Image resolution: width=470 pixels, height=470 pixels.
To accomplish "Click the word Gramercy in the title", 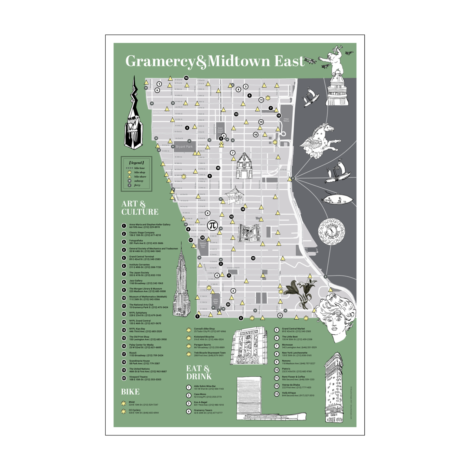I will tap(160, 61).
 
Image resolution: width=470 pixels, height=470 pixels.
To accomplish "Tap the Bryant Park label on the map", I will tap(184, 147).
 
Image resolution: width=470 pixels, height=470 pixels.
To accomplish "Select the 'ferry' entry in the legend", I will tap(137, 185).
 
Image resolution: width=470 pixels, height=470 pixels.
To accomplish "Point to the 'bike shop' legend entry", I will tap(140, 172).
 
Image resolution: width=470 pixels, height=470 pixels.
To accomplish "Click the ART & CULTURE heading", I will tap(140, 208).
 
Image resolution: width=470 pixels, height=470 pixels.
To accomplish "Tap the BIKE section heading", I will tap(130, 392).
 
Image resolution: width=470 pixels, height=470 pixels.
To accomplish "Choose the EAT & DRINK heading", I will tap(199, 372).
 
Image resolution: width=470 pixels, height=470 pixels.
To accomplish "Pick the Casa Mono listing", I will tap(208, 396).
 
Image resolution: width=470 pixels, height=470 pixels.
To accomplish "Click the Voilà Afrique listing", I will tap(298, 394).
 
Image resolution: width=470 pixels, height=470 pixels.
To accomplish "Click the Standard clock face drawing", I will tap(331, 232).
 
